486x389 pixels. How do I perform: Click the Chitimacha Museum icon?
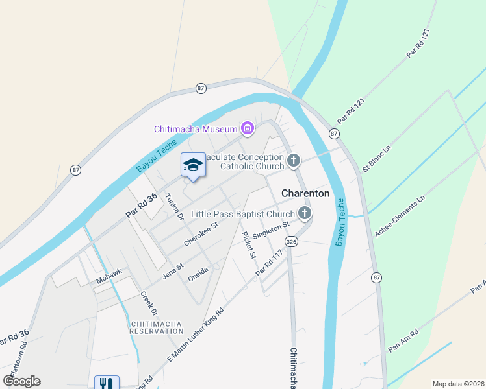click(x=247, y=129)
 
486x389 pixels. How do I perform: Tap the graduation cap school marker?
click(x=193, y=165)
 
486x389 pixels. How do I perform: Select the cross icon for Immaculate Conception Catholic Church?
click(x=294, y=160)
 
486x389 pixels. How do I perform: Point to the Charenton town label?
click(x=305, y=193)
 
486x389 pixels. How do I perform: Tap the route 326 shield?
click(x=291, y=241)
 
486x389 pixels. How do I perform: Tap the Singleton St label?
click(x=270, y=230)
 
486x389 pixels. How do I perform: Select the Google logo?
click(x=21, y=381)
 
